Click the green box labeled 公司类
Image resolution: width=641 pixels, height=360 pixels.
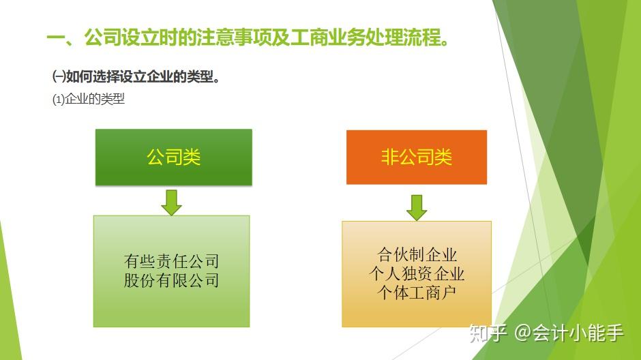(174, 157)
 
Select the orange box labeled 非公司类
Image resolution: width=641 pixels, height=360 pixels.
(417, 157)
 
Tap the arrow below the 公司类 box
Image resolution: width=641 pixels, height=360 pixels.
(171, 202)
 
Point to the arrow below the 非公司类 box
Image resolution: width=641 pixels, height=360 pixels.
(417, 207)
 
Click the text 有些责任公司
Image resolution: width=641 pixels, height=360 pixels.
(171, 260)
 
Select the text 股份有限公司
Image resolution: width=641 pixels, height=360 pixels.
(171, 280)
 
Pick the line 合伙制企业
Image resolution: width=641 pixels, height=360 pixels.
(417, 254)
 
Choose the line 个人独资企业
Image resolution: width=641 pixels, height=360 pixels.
(417, 273)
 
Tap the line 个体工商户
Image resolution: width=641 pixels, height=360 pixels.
(417, 292)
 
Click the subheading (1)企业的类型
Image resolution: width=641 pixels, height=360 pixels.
(88, 99)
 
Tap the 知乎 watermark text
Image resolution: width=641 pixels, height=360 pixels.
(488, 333)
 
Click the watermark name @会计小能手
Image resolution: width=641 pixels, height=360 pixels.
(569, 333)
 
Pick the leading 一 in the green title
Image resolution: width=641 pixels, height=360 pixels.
(56, 38)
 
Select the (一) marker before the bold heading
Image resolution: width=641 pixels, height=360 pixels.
(59, 77)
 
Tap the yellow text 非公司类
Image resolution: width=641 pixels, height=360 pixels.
(417, 157)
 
